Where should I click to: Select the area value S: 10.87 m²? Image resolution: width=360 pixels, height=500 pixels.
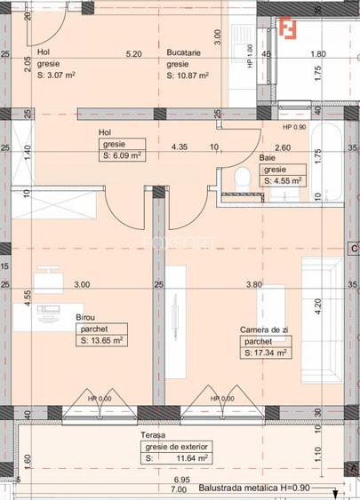click(188, 75)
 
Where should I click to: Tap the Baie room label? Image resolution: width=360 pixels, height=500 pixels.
click(268, 158)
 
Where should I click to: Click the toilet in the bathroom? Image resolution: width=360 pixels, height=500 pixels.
click(239, 178)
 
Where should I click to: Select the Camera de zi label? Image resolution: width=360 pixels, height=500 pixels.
click(265, 329)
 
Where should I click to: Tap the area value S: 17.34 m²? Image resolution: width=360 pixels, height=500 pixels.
click(266, 353)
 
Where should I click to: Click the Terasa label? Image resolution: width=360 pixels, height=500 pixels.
click(154, 436)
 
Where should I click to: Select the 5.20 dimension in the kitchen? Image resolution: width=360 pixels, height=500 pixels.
click(134, 53)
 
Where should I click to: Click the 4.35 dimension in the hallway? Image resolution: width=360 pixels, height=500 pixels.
click(180, 147)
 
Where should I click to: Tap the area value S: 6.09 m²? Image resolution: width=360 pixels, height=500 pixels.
click(124, 155)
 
